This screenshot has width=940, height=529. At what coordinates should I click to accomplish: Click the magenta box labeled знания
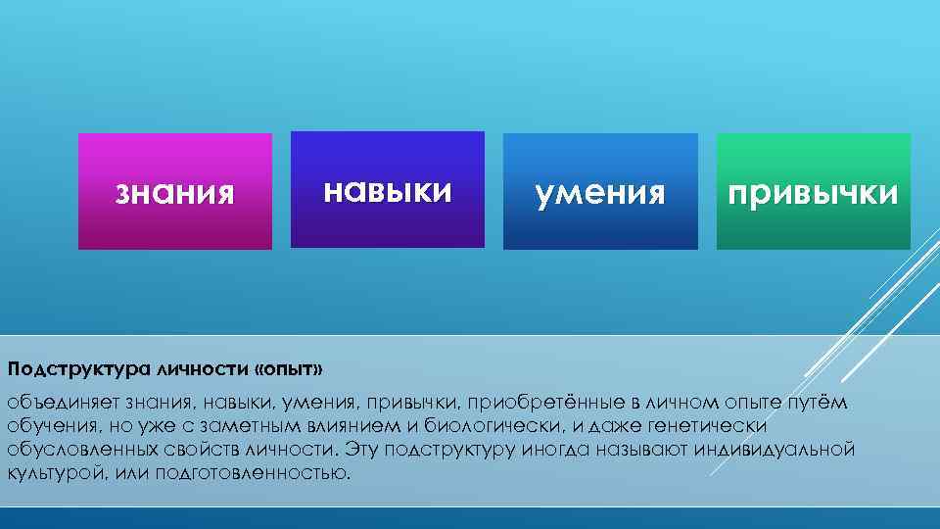pyautogui.click(x=175, y=191)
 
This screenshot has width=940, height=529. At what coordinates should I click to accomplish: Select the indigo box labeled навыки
pyautogui.click(x=388, y=189)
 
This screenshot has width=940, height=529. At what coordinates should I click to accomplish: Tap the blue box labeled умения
pyautogui.click(x=600, y=192)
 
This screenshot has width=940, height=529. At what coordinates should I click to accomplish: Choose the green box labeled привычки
pyautogui.click(x=813, y=192)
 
